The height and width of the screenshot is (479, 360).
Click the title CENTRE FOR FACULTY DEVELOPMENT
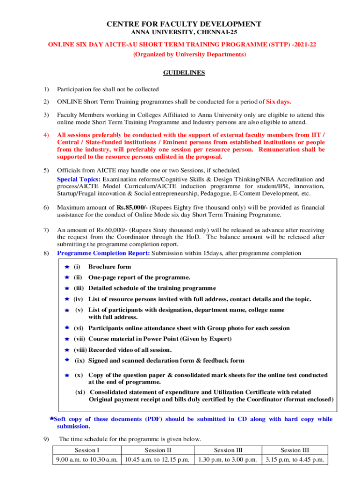[x=184, y=24]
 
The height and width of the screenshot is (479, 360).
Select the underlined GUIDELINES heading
[x=184, y=73]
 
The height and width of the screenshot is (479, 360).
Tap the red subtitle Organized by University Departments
[x=184, y=54]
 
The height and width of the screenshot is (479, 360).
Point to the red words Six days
[x=279, y=102]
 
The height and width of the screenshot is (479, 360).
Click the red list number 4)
[x=46, y=136]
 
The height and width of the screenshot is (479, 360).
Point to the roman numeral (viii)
[x=80, y=350]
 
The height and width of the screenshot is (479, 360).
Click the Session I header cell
[x=87, y=450]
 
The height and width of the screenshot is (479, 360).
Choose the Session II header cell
[x=158, y=450]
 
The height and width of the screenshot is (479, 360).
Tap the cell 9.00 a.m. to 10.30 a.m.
[x=87, y=460]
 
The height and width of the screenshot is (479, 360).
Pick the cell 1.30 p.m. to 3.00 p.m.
[x=228, y=460]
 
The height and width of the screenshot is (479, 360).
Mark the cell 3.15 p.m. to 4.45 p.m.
[x=295, y=460]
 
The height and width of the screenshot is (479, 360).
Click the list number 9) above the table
[x=46, y=439]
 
